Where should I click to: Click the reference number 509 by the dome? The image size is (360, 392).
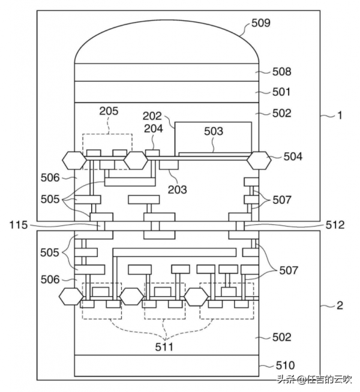pyautogui.click(x=261, y=23)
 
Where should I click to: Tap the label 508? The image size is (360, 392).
pyautogui.click(x=281, y=72)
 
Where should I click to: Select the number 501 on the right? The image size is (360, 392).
pyautogui.click(x=281, y=92)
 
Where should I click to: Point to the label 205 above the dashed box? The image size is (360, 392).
pyautogui.click(x=109, y=111)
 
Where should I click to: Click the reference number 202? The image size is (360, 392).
pyautogui.click(x=152, y=116)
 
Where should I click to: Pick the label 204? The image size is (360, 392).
pyautogui.click(x=154, y=128)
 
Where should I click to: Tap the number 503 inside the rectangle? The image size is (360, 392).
pyautogui.click(x=214, y=131)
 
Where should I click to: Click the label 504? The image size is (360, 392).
pyautogui.click(x=293, y=156)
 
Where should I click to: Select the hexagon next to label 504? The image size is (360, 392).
pyautogui.click(x=259, y=161)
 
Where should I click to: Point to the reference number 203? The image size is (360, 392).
pyautogui.click(x=178, y=190)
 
